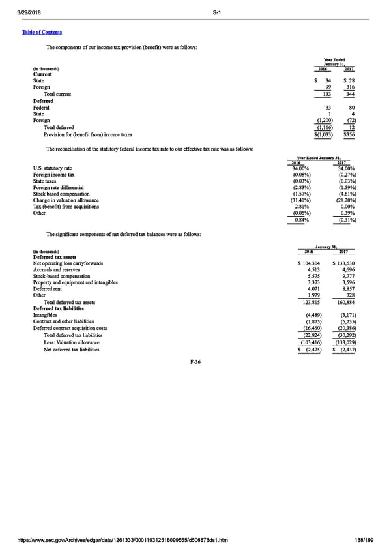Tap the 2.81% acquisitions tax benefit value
[x=302, y=207]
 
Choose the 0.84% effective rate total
[x=302, y=220]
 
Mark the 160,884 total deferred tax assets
[x=344, y=302]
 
